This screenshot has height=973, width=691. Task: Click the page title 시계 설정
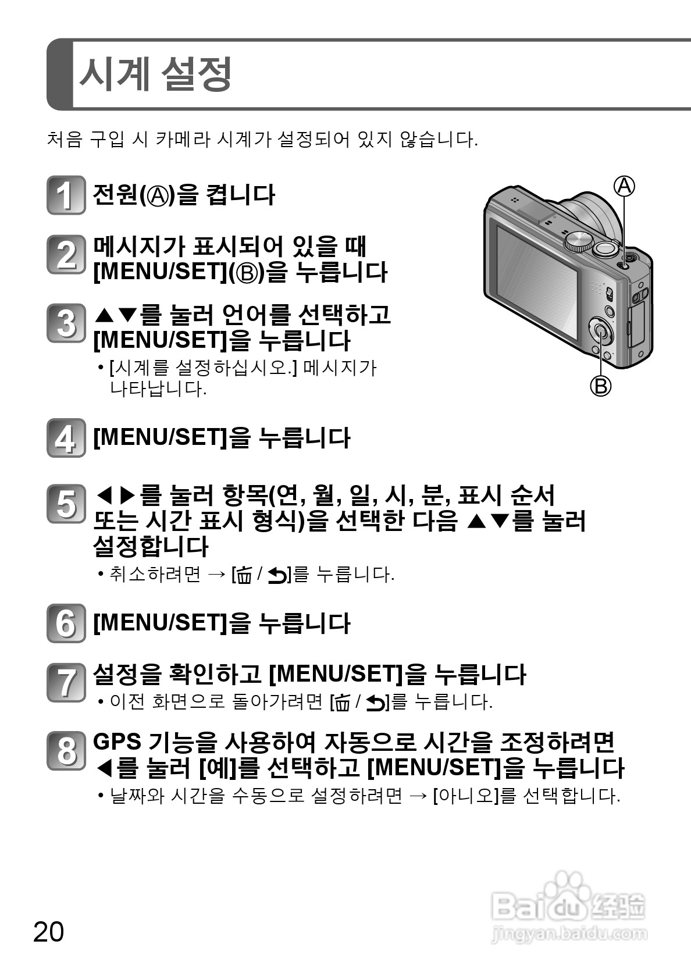tap(155, 74)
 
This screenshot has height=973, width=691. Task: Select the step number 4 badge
tap(66, 438)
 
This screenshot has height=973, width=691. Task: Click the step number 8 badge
tap(66, 751)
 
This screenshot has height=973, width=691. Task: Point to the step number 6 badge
tap(66, 623)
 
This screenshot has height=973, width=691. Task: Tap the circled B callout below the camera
tap(601, 386)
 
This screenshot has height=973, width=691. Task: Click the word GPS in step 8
tap(117, 742)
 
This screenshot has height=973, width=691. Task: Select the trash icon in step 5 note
tap(245, 576)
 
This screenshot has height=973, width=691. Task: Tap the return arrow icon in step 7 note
tap(375, 703)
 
